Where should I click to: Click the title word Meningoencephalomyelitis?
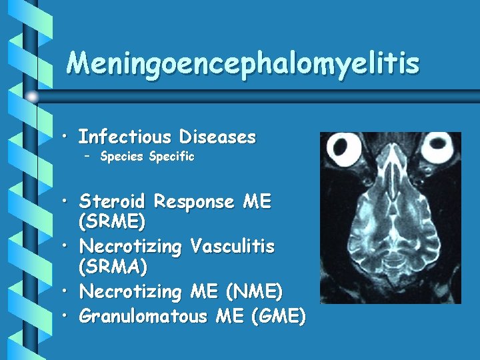[x=243, y=63]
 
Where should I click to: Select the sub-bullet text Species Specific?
[x=147, y=157]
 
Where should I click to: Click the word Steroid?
[x=113, y=201]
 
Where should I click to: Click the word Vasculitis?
[x=232, y=247]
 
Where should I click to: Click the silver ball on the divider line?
[x=33, y=97]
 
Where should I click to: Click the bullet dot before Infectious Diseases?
[x=69, y=138]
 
